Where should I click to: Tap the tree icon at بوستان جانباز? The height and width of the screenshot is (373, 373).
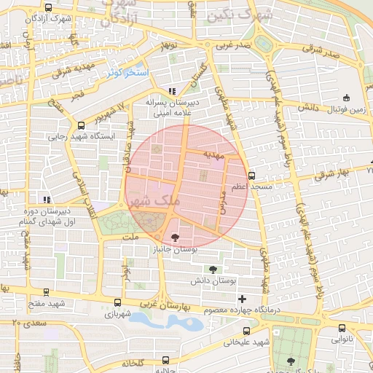[175, 237]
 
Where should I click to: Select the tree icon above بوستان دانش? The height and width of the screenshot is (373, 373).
[213, 269]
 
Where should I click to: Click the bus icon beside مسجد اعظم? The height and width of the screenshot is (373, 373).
[251, 176]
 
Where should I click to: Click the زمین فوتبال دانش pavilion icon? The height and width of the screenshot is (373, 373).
[346, 98]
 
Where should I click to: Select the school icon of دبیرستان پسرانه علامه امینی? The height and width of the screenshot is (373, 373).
[172, 91]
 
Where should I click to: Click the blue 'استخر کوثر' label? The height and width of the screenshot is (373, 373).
[128, 73]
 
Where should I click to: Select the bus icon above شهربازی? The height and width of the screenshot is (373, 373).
[117, 302]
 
